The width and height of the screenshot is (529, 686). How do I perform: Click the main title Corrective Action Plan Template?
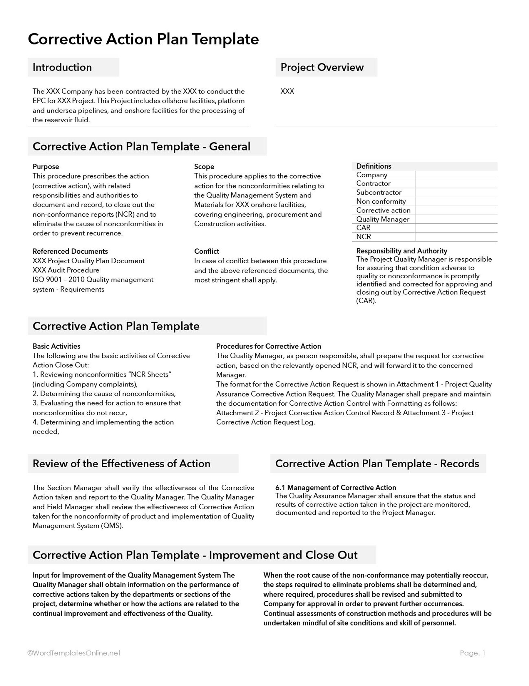tap(143, 39)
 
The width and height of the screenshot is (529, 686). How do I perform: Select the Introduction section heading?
tap(62, 67)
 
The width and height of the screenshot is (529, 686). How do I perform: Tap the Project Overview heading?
tap(322, 67)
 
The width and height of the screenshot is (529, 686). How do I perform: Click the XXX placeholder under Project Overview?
tap(287, 91)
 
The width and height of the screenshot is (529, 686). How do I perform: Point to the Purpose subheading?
tap(46, 166)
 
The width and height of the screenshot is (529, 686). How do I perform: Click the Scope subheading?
tap(204, 166)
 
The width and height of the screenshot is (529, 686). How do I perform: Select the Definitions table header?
tap(374, 166)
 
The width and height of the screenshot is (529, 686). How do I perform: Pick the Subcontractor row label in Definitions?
tap(379, 192)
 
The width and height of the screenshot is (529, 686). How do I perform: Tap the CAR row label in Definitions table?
tap(363, 228)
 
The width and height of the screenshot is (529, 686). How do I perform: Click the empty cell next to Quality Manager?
tap(456, 219)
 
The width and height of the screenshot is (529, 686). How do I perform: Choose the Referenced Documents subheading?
tap(70, 251)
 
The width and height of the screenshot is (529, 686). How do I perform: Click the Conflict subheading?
tap(206, 251)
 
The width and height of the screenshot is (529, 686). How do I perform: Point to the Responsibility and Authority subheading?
tap(401, 251)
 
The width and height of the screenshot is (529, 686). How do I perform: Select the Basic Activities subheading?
tap(56, 346)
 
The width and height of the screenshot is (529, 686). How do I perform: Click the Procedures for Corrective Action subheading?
tap(268, 346)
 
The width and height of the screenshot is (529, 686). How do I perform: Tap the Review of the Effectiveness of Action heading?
tap(121, 464)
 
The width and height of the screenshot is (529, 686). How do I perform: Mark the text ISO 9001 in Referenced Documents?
tap(47, 280)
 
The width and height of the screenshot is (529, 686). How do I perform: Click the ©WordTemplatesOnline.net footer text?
tap(74, 653)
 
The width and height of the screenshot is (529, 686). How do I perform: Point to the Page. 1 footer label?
tap(472, 653)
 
